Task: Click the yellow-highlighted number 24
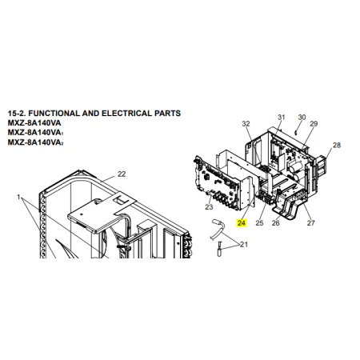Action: pos(242,223)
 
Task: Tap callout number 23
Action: pos(209,207)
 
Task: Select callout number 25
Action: pos(259,223)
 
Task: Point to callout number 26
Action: pos(275,223)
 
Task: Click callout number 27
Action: pos(310,223)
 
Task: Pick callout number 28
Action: pos(337,145)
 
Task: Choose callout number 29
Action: pos(314,124)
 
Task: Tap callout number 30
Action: pos(302,118)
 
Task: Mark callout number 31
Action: pos(282,118)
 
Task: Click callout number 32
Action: pos(246,124)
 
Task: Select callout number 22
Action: pos(122,174)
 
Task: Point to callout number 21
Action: pos(244,244)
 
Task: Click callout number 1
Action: pos(18,197)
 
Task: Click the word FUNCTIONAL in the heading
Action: pos(54,114)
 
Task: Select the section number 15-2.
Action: pos(17,114)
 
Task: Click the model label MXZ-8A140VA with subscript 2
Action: pos(35,142)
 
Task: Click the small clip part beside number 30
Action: pos(296,132)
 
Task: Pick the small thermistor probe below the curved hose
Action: pos(219,249)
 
